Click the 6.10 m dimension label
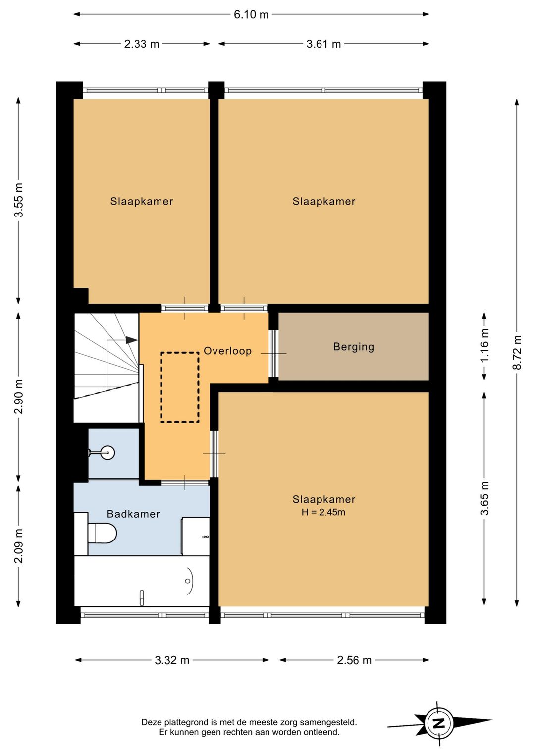pos(251,15)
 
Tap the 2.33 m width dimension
pos(142,44)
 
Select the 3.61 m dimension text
pos(323,44)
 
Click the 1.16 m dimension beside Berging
pos(484,346)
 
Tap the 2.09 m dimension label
pos(18,546)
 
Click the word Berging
pos(354,347)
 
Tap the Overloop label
pos(227,351)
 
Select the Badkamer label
pos(133,514)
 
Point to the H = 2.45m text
pos(323,512)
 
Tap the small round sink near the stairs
pos(108,452)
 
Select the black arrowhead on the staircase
pos(132,340)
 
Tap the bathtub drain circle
pos(188,581)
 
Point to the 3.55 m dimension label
pos(18,200)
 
